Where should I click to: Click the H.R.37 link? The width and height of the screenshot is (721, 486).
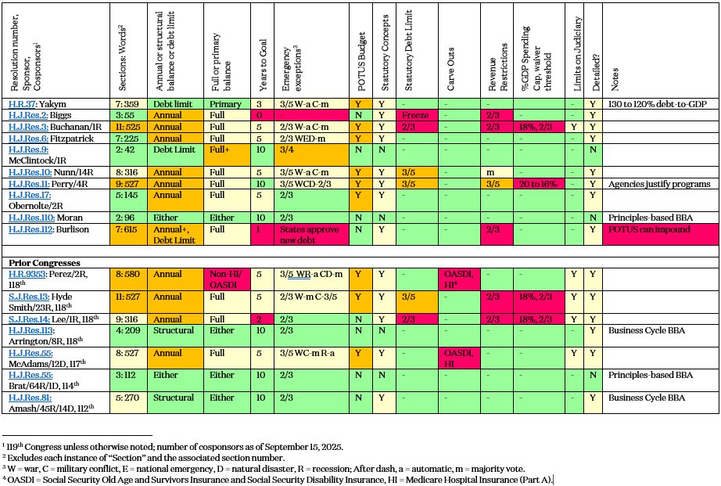coord(22,104)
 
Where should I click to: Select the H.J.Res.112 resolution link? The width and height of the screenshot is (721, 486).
coord(30,229)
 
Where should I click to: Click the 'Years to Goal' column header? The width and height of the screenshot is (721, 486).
coord(263,64)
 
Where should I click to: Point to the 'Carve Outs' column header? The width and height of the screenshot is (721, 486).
coord(450,69)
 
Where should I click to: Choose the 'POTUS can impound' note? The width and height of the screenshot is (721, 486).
coord(649,229)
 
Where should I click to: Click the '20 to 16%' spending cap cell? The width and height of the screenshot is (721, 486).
coord(538,184)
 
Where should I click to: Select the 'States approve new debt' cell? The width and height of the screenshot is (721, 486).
coord(310,235)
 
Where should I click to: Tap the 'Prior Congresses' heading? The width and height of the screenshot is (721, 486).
coord(45,263)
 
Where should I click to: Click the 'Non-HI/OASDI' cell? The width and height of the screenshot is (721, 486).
coord(225,279)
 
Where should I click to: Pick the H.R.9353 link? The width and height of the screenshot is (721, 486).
coord(27,274)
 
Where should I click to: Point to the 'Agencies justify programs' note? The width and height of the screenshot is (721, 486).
coord(659,184)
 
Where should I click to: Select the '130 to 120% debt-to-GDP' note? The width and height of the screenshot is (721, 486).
coord(658,104)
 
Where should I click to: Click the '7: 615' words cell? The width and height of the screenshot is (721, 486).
coord(127,229)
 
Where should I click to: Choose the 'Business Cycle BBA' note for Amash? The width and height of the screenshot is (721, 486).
coord(647,398)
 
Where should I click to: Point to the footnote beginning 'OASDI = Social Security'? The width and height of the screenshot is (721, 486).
coord(278,480)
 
